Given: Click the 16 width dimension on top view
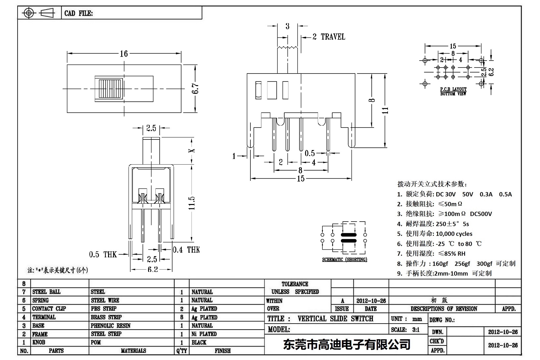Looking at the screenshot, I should [x=124, y=54].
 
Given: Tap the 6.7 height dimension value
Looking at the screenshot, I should [x=195, y=88].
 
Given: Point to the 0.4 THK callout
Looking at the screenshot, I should [x=186, y=250].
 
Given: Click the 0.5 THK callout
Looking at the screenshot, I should [x=103, y=254].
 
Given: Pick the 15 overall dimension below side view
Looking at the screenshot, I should [x=300, y=179].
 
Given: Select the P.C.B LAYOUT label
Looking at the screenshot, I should [x=453, y=89].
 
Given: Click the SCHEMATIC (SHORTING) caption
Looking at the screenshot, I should [x=345, y=260].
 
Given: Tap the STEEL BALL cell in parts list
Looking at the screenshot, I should [x=46, y=292].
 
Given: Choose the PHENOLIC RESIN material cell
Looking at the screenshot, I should [x=111, y=326].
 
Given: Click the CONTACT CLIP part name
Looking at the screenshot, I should [x=49, y=309].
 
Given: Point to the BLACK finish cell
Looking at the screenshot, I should [x=199, y=342].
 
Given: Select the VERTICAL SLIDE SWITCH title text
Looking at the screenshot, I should [x=335, y=319].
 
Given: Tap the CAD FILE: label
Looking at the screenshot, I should [x=79, y=13].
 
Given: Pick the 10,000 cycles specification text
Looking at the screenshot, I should [x=454, y=234].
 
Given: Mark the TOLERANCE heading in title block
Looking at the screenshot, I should [x=295, y=284].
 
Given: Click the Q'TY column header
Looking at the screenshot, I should [x=182, y=351].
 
